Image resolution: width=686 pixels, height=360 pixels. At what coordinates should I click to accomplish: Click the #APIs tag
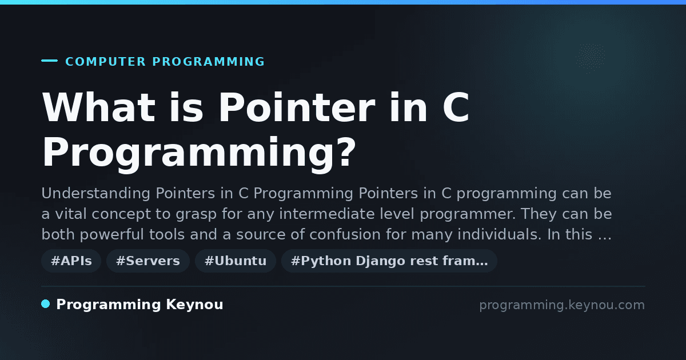(x=71, y=261)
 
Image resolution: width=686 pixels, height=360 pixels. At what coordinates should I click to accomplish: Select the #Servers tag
(x=148, y=261)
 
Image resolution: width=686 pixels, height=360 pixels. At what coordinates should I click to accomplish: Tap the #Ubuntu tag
(x=236, y=261)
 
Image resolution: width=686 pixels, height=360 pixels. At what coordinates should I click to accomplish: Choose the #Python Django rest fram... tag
(x=389, y=261)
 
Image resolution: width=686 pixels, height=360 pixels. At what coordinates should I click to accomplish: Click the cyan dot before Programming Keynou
(x=46, y=304)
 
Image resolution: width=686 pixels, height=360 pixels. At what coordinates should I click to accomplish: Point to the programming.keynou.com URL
(x=562, y=305)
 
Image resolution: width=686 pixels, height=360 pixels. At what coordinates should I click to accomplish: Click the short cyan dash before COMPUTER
(x=49, y=61)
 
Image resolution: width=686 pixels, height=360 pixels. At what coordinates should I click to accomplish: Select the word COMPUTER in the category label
(x=105, y=62)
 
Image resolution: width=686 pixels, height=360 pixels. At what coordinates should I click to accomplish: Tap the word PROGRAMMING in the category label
(x=208, y=62)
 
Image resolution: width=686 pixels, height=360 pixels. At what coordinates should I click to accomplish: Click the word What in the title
(x=98, y=107)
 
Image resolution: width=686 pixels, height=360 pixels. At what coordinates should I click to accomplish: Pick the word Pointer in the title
(x=297, y=107)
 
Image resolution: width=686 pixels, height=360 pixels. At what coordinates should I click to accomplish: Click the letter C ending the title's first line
(x=456, y=107)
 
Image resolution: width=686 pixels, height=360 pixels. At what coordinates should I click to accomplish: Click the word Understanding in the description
(x=96, y=194)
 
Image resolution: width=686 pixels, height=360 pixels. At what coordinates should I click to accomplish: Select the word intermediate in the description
(x=327, y=214)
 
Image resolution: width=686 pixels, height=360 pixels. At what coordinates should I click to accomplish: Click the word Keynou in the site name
(x=194, y=305)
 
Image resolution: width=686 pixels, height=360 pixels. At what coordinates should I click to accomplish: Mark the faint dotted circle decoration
(x=590, y=58)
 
